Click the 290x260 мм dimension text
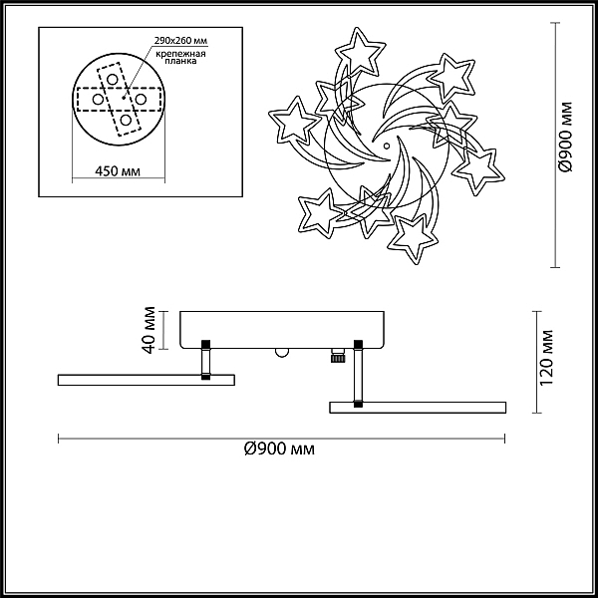180,41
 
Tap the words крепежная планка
180,57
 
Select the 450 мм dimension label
118,171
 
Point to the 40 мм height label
149,330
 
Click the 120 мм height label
546,358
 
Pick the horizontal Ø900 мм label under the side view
279,448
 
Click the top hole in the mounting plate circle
112,80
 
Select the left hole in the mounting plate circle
98,100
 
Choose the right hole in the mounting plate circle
141,100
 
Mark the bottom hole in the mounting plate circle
126,120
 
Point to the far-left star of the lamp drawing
294,122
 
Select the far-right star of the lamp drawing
479,170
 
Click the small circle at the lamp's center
387,146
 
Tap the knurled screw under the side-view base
337,356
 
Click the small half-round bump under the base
282,353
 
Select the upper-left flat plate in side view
147,380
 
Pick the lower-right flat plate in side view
418,408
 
